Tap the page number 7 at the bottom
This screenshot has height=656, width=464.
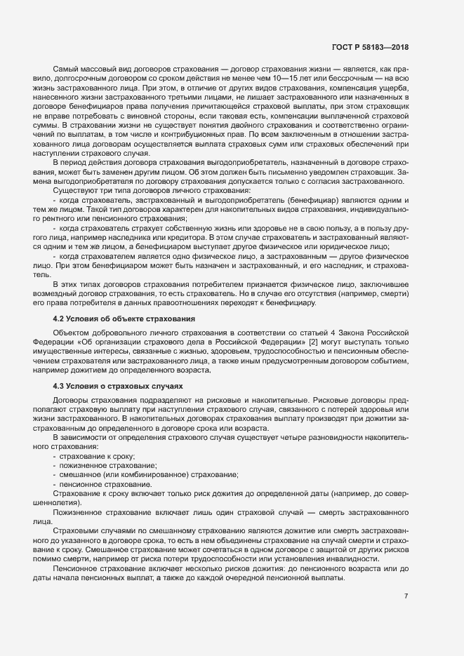[406, 596]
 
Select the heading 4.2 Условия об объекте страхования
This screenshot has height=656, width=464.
[124, 319]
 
